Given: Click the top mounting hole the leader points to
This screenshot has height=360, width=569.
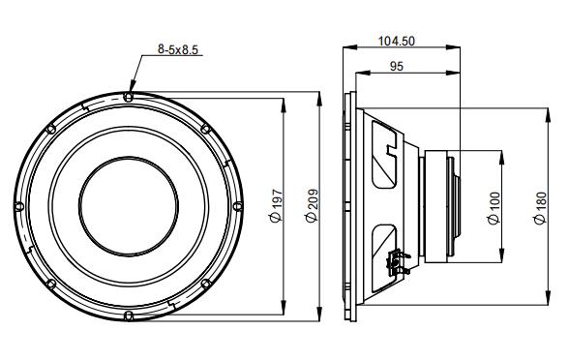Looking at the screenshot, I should click(x=130, y=97).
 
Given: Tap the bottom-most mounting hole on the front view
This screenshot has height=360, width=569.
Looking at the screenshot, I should click(x=130, y=312).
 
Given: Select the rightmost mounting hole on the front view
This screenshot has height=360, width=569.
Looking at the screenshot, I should click(x=237, y=204).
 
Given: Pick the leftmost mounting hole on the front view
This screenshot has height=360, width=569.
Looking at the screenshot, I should click(x=22, y=204).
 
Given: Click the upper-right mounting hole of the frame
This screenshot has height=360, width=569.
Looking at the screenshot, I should click(x=206, y=129).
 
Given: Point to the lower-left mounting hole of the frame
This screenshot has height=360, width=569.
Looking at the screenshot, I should click(x=53, y=281).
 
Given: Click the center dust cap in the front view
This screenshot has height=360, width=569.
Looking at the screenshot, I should click(x=130, y=204).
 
